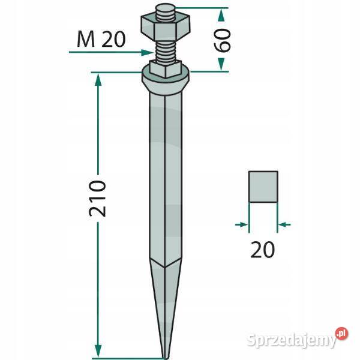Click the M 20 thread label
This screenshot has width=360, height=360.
101,40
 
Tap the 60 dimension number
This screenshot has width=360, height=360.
222,40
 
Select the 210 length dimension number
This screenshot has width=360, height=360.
97,199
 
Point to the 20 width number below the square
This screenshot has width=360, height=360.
262,250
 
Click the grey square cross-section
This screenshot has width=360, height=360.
263,187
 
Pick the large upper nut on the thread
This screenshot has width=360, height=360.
166,28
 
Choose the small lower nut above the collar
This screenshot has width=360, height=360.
166,69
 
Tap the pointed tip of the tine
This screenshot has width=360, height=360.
165,358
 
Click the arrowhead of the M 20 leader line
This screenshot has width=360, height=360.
147,53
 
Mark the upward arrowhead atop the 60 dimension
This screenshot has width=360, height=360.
221,15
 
